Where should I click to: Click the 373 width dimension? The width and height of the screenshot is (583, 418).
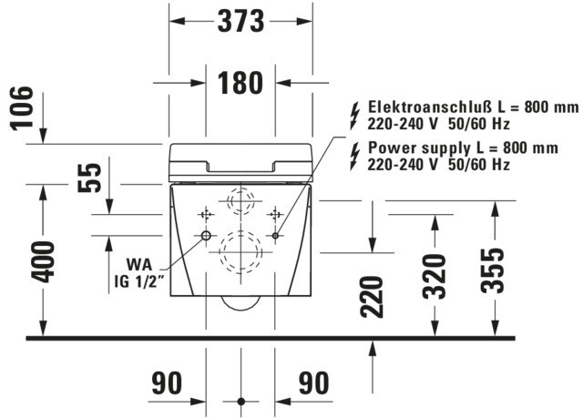coord(240,20)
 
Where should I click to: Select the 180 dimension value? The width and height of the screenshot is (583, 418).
coord(240,83)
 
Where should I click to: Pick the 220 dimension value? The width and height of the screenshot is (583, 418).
coord(371,295)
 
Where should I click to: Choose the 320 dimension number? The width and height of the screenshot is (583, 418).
coord(435,274)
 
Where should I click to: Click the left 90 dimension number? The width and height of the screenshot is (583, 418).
coord(168,383)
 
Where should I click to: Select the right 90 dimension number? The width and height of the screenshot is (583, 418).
coord(313,383)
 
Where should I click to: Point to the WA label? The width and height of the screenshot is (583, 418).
coord(138,264)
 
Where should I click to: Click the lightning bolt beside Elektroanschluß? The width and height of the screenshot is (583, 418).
coord(354,115)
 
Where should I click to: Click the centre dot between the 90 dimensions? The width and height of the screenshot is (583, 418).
coord(240,401)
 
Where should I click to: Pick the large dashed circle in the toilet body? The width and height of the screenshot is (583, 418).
coord(240,250)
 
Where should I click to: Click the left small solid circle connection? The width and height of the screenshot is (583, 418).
coord(205,237)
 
